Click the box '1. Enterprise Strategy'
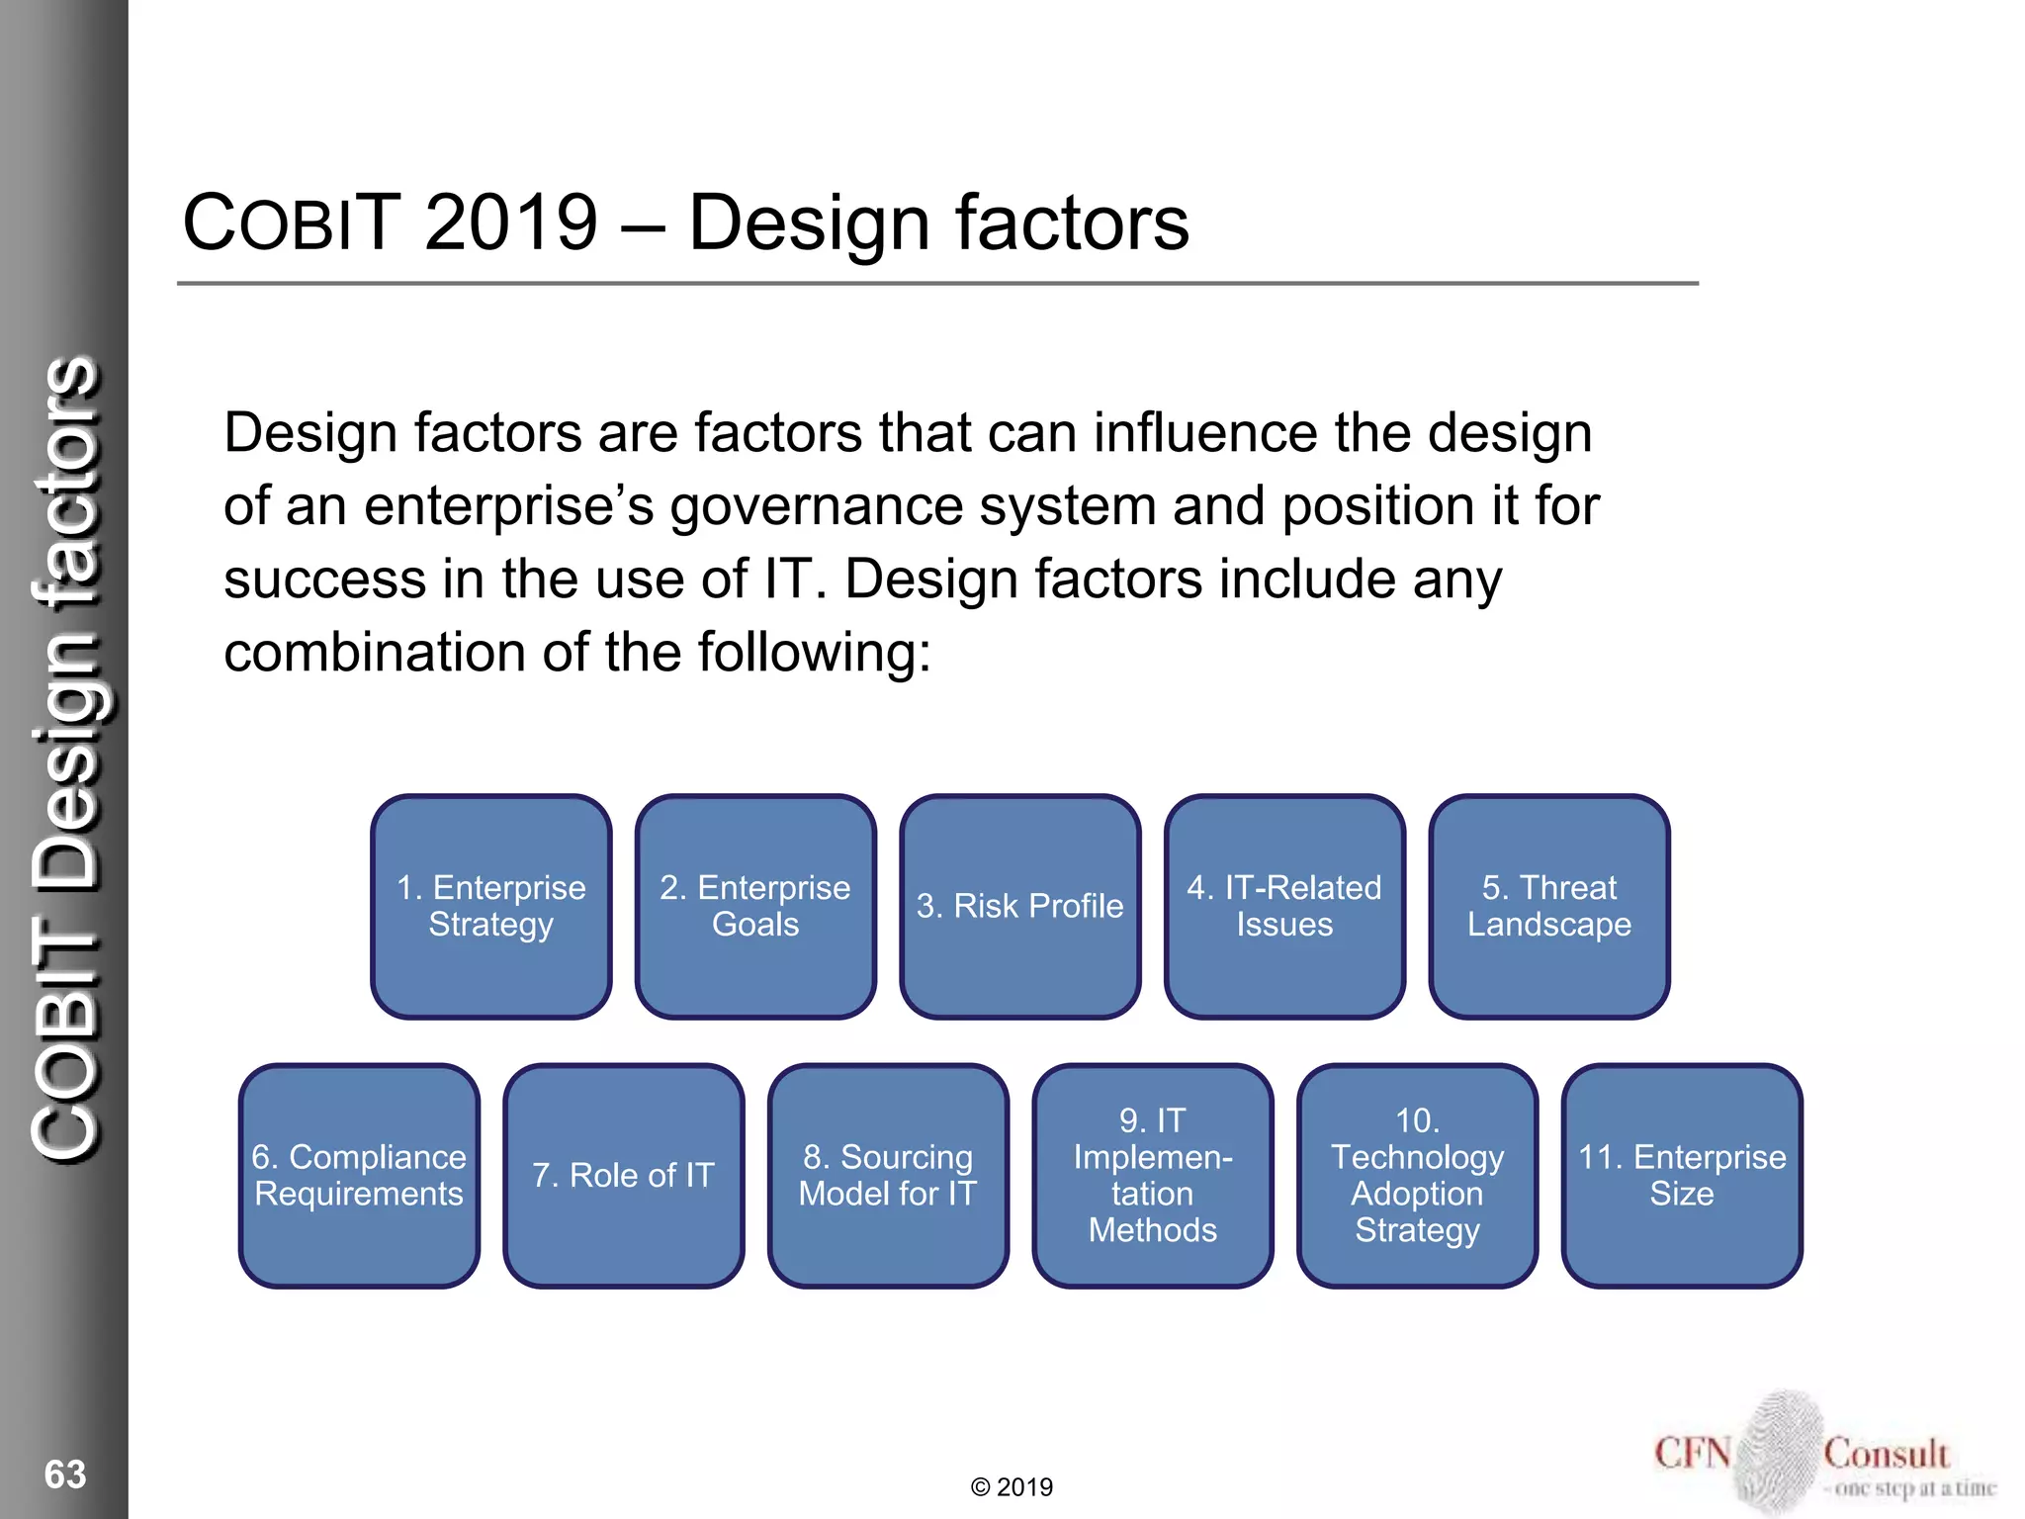pos(491,906)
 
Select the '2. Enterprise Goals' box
pos(755,906)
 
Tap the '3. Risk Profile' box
pos(1019,906)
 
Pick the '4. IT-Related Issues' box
pos(1284,906)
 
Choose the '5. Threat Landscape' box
pos(1549,906)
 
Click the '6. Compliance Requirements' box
pos(359,1176)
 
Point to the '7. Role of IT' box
pos(623,1176)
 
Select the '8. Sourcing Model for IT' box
pos(888,1176)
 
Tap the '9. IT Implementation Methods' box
pos(1153,1176)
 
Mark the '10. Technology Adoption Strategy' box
pos(1417,1176)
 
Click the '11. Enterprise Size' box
pos(1682,1176)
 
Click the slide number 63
pos(65,1474)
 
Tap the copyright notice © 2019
pos(1012,1487)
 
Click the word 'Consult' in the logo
pos(1886,1454)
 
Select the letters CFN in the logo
pos(1693,1454)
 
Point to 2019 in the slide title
pos(511,223)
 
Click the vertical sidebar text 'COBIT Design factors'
pos(66,757)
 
